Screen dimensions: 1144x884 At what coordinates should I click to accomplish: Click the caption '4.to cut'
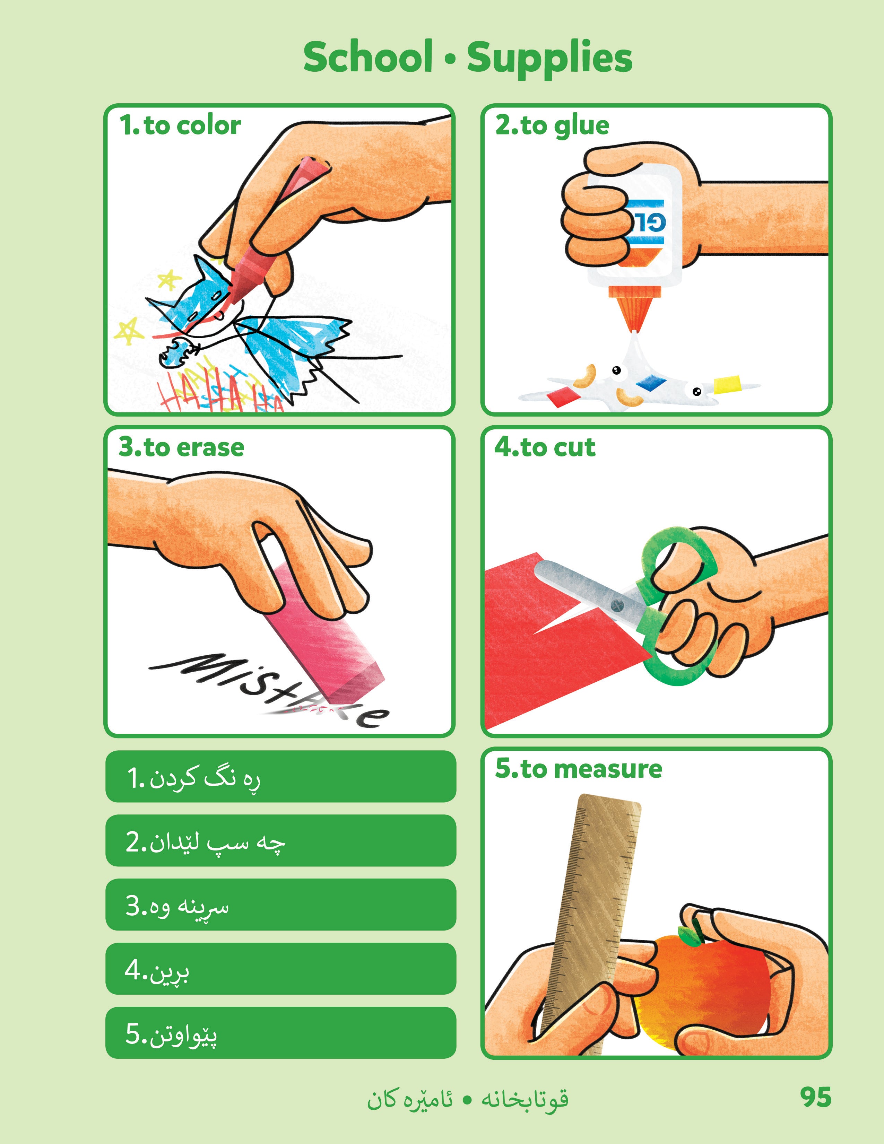pyautogui.click(x=545, y=447)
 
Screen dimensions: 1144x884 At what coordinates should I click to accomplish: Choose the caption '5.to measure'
pyautogui.click(x=579, y=769)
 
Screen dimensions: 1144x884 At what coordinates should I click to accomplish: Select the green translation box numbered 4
pyautogui.click(x=280, y=969)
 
